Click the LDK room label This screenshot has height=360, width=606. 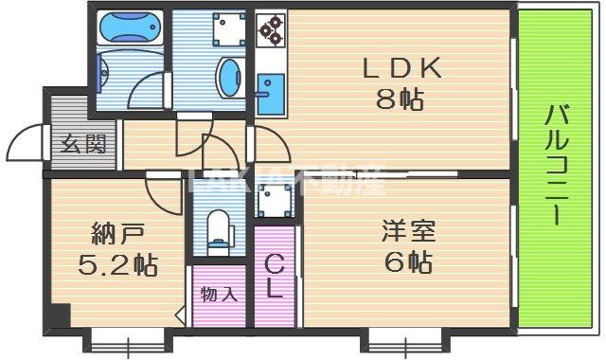pyautogui.click(x=400, y=68)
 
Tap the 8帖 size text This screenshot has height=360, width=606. pyautogui.click(x=400, y=99)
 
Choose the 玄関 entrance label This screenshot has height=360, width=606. pyautogui.click(x=83, y=145)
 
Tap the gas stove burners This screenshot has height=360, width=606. pyautogui.click(x=272, y=29)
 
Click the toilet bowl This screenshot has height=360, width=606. pyautogui.click(x=220, y=230)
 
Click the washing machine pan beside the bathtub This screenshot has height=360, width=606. pyautogui.click(x=227, y=30)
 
